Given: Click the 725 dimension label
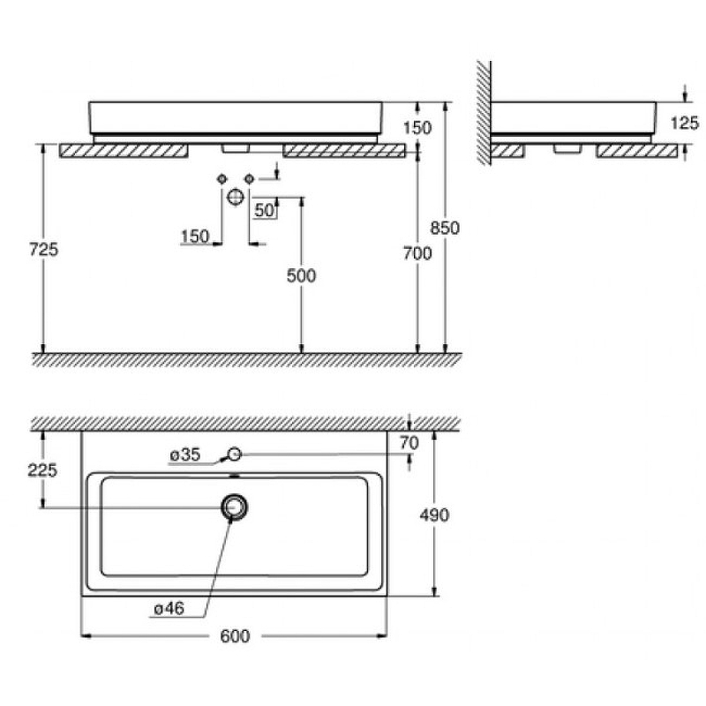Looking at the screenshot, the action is [x=43, y=249].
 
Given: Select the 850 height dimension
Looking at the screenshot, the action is [x=445, y=228].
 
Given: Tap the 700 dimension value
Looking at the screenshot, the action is [x=417, y=253].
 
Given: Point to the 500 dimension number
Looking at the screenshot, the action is [x=301, y=275].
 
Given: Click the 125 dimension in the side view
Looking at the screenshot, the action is [x=685, y=123].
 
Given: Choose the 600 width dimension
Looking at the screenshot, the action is [x=235, y=635].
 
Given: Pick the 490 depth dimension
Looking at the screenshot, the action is [x=434, y=514].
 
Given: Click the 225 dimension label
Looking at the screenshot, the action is [x=42, y=470].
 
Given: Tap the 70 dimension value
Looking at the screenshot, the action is [x=409, y=443].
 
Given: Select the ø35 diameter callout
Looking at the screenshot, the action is [x=185, y=454].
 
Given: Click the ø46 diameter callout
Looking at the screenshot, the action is [x=169, y=609].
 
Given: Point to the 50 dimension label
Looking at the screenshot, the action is [x=264, y=210].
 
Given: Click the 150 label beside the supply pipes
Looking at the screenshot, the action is [x=195, y=237].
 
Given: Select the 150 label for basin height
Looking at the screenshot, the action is [x=417, y=128].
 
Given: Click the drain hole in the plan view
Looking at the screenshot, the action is [x=234, y=507].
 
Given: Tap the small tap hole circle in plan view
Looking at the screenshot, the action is [x=235, y=454].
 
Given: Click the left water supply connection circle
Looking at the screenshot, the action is [x=222, y=179].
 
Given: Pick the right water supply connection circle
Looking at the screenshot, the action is [x=250, y=179].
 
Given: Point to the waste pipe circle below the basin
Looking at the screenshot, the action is [x=236, y=196].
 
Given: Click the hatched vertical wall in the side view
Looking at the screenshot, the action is [x=484, y=113].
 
